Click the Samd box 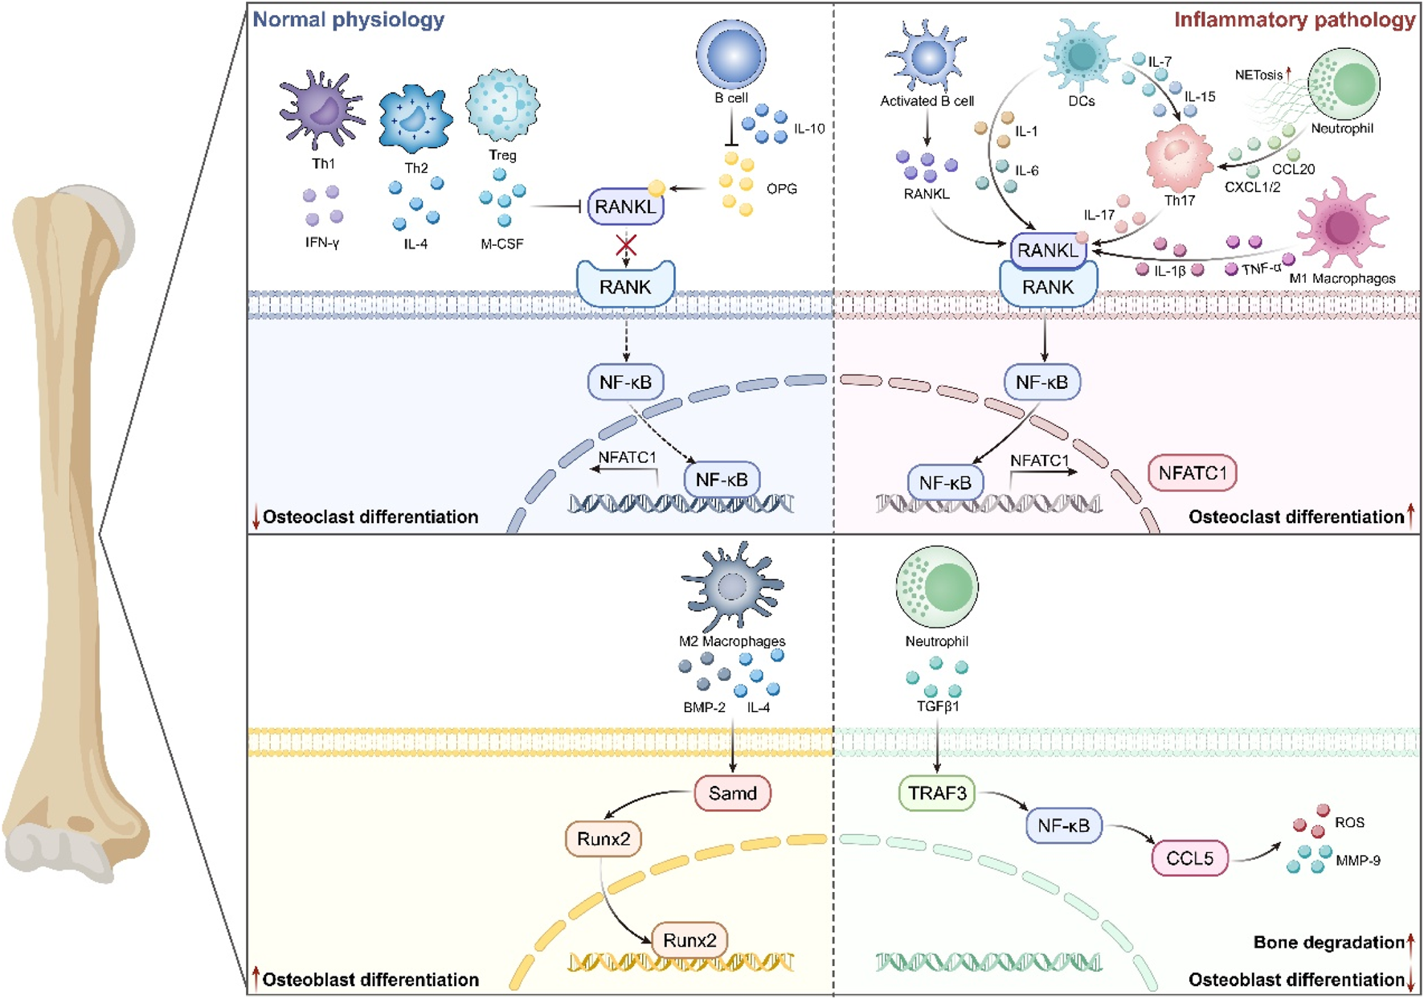(x=732, y=793)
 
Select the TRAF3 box (x=936, y=793)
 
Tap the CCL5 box (x=1189, y=858)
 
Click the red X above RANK (x=626, y=245)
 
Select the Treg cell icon (x=502, y=105)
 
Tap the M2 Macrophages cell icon (x=731, y=587)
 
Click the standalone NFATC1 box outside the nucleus (x=1193, y=473)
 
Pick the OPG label (x=781, y=189)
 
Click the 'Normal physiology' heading (x=348, y=19)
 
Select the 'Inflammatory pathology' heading (x=1294, y=19)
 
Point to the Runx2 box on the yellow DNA (x=689, y=940)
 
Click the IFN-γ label (x=322, y=243)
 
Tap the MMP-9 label (x=1357, y=861)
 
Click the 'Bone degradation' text (x=1328, y=942)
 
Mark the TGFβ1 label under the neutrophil (x=937, y=706)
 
